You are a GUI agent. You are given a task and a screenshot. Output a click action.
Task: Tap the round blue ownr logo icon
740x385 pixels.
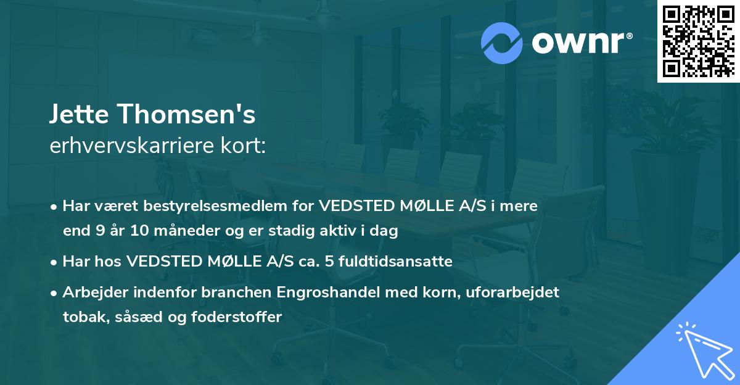coord(501,43)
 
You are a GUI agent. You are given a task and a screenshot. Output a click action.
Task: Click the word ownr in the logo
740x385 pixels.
coord(577,43)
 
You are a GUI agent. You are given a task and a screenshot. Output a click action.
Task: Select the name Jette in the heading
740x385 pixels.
coord(80,115)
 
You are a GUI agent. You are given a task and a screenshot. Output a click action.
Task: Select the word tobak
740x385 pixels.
coord(83,317)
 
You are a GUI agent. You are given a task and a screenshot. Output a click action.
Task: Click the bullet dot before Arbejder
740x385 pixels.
coord(55,292)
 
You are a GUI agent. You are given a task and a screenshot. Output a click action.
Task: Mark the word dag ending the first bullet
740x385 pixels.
coord(385,232)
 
